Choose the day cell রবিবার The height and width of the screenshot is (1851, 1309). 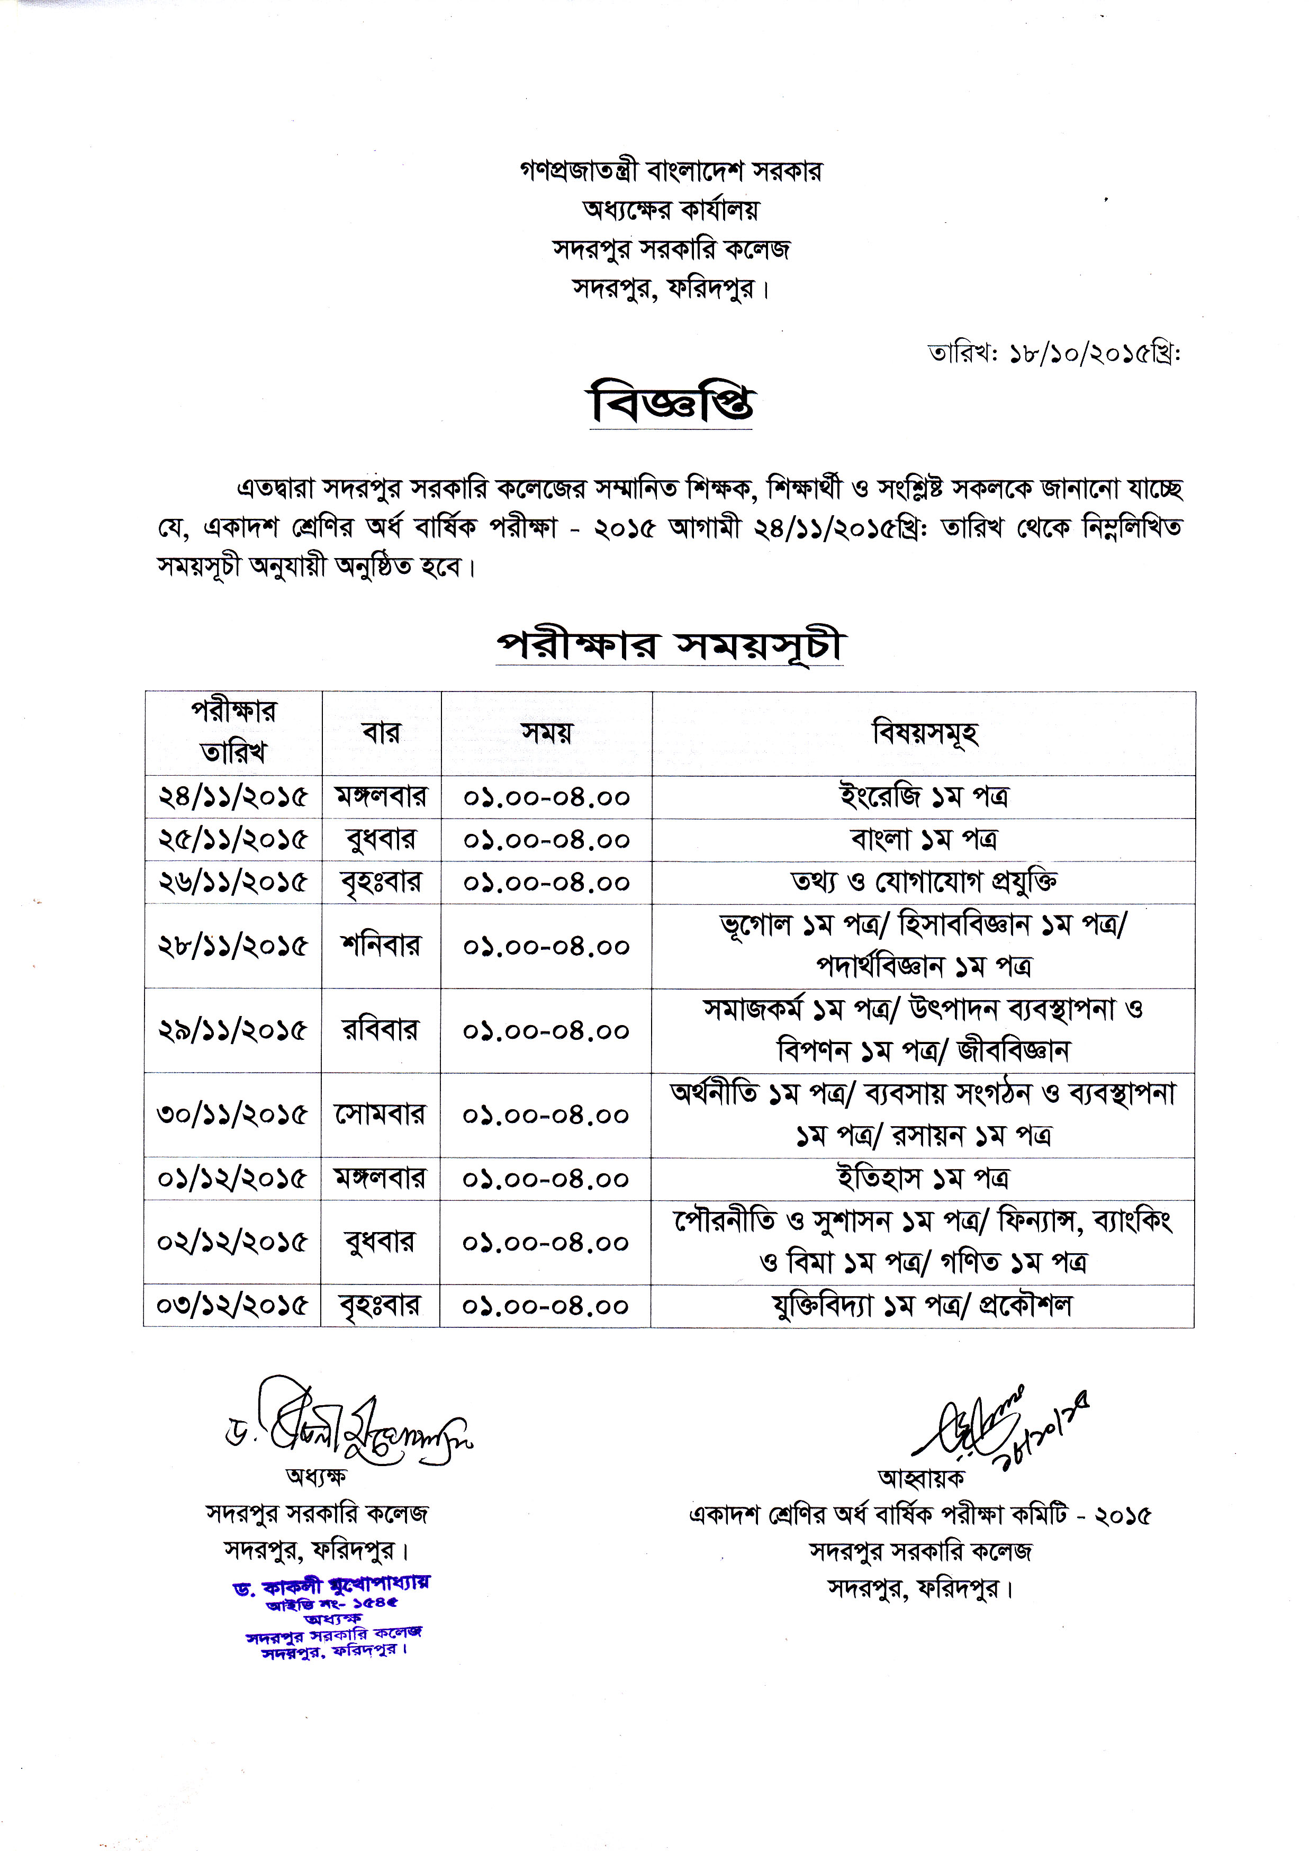(381, 1030)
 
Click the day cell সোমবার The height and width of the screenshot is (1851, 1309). (381, 1115)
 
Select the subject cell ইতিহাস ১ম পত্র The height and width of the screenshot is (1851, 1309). (923, 1179)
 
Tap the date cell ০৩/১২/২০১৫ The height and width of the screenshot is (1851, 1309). (232, 1305)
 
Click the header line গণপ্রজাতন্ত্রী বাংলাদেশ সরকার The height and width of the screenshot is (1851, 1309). (671, 172)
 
